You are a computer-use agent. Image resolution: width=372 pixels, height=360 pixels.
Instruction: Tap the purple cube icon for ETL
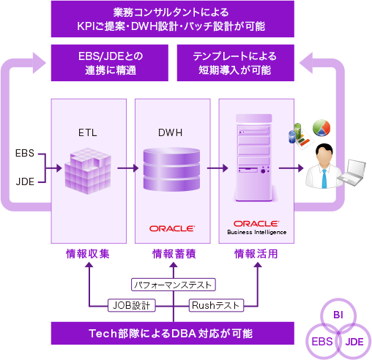click(87, 170)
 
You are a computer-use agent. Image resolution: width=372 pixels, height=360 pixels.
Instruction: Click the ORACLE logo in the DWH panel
click(172, 228)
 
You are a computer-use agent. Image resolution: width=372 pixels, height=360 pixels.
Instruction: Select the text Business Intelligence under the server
click(256, 232)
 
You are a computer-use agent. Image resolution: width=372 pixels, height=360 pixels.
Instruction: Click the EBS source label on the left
click(24, 154)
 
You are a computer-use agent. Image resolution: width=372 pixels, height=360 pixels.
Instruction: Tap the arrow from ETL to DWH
click(127, 168)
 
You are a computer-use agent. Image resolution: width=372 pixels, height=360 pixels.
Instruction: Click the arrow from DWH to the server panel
click(212, 168)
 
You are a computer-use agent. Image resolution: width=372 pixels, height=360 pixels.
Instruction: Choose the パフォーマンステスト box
click(174, 282)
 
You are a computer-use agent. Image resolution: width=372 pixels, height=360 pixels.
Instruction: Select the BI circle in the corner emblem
click(338, 315)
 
